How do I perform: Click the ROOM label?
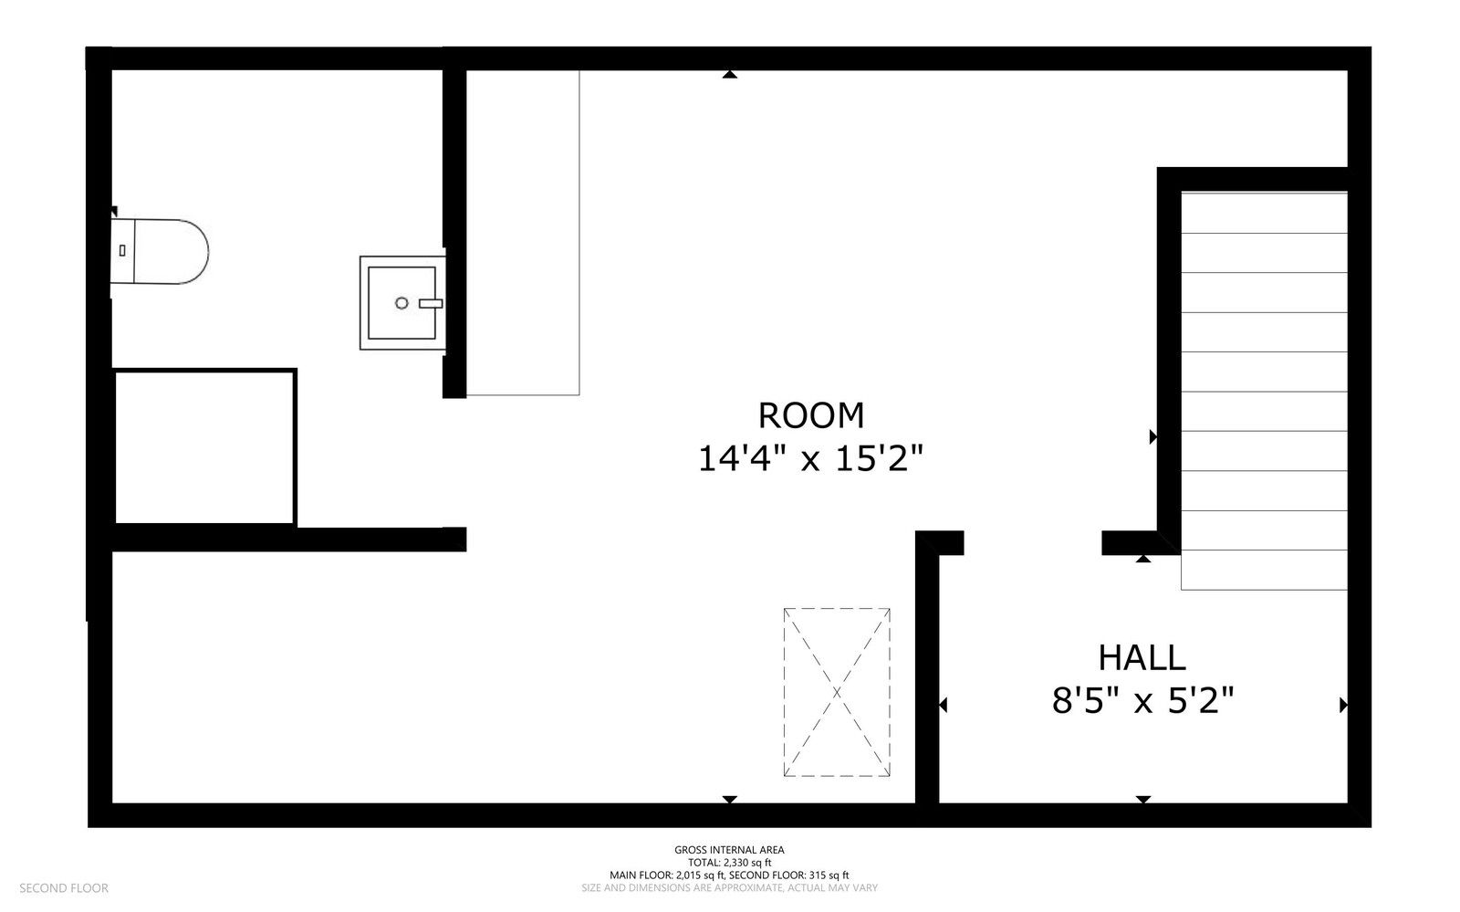pyautogui.click(x=811, y=415)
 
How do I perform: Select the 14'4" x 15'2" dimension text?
pyautogui.click(x=811, y=458)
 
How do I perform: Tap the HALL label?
pyautogui.click(x=1142, y=658)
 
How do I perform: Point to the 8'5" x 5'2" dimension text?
pyautogui.click(x=1142, y=701)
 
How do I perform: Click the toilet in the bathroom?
pyautogui.click(x=159, y=252)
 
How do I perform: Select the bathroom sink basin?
pyautogui.click(x=402, y=303)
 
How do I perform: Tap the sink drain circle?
pyautogui.click(x=401, y=303)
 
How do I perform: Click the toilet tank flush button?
pyautogui.click(x=122, y=250)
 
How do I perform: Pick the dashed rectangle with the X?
pyautogui.click(x=837, y=692)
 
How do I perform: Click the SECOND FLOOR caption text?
pyautogui.click(x=64, y=888)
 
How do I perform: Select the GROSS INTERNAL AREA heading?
pyautogui.click(x=729, y=850)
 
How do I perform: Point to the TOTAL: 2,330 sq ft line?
pyautogui.click(x=729, y=863)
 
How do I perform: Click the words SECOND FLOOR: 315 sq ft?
pyautogui.click(x=788, y=875)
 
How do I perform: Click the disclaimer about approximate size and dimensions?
pyautogui.click(x=729, y=888)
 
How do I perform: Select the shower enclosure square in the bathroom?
pyautogui.click(x=204, y=447)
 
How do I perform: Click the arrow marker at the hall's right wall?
pyautogui.click(x=1343, y=705)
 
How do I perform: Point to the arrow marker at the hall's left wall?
pyautogui.click(x=944, y=705)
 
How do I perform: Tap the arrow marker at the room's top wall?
pyautogui.click(x=730, y=74)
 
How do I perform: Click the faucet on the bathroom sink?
pyautogui.click(x=431, y=303)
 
